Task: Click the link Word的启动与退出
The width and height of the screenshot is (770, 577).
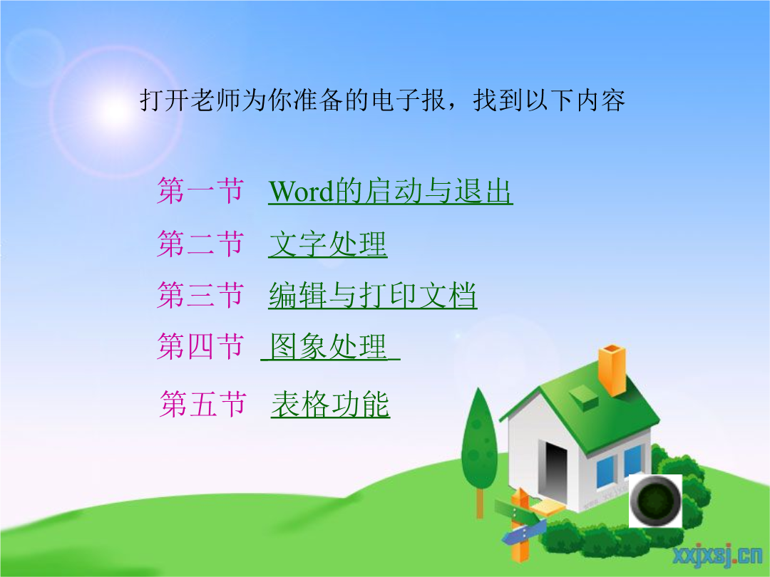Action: [391, 191]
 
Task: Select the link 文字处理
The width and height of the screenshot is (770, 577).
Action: [328, 244]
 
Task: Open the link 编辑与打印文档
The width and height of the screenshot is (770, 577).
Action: [373, 295]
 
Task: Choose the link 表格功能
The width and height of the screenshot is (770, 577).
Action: [331, 405]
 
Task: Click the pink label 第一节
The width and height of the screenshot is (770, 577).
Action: [200, 190]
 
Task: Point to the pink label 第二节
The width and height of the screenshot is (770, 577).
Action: [200, 244]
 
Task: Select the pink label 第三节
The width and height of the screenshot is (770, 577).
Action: [200, 295]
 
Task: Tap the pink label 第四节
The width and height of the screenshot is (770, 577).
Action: [200, 346]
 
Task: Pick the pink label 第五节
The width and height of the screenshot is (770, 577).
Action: [202, 405]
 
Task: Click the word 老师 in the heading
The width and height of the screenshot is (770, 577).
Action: [202, 100]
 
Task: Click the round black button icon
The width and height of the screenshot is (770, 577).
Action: [656, 501]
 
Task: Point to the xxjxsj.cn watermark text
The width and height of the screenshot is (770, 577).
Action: [717, 555]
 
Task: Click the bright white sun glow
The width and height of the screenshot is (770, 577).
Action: [115, 111]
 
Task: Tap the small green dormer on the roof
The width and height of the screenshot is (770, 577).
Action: [584, 397]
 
